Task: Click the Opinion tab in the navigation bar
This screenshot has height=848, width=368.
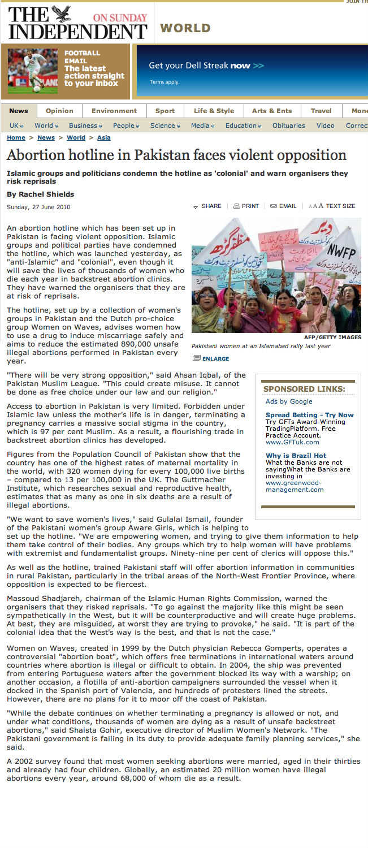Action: coord(59,111)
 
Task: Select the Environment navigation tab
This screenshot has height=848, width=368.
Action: coord(114,111)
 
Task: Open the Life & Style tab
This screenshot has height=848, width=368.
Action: coord(214,111)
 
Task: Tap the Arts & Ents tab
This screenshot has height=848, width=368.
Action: coord(272,111)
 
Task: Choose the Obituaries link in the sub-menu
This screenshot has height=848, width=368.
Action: coord(288,126)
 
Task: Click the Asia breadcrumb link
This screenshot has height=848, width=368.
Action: coord(103,137)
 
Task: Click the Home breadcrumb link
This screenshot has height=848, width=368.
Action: coord(16,137)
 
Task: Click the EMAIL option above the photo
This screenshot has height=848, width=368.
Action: coord(283,206)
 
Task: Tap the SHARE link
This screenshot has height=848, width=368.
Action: coord(207,206)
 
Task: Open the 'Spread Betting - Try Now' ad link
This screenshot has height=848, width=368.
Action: coord(309,415)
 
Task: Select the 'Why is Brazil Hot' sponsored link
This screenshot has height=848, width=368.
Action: coord(296,456)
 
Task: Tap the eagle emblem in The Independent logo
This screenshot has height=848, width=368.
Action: coord(61,14)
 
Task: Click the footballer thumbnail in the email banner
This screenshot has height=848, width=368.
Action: coord(33,71)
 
